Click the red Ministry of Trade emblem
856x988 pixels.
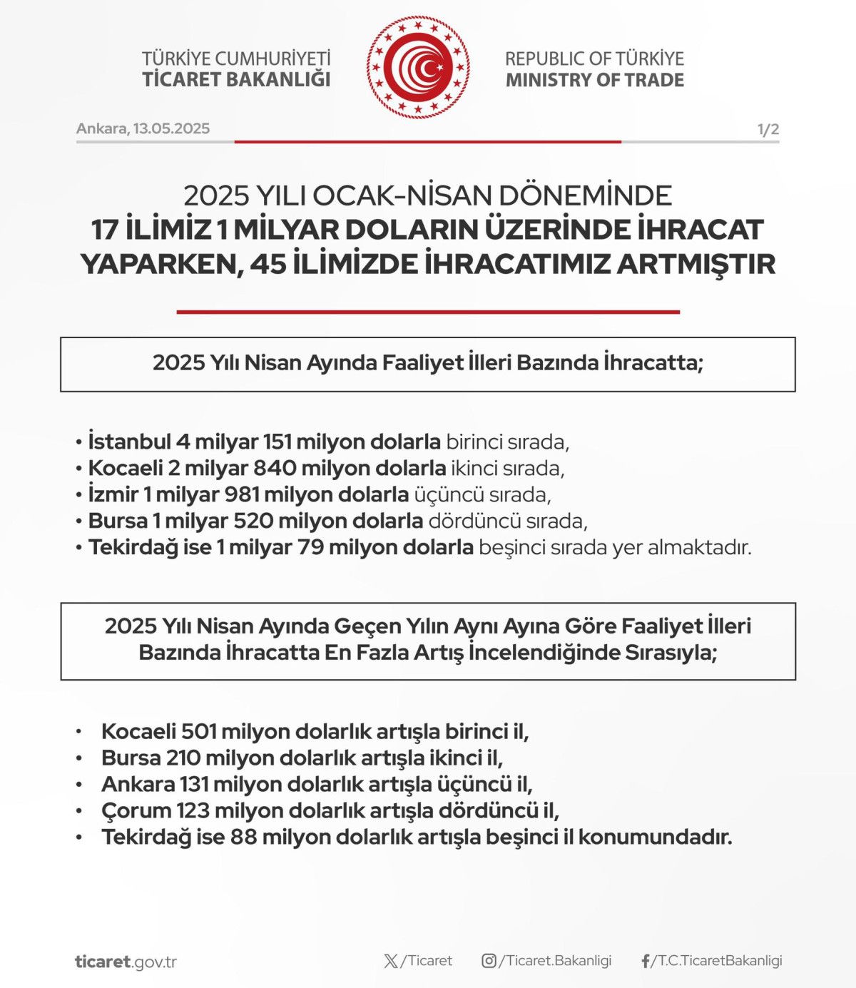(x=419, y=68)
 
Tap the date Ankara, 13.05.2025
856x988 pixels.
(x=143, y=128)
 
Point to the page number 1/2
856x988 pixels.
(x=768, y=129)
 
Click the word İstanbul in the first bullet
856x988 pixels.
(x=129, y=442)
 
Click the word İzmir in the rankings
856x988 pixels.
(x=113, y=494)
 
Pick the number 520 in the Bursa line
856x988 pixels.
(x=253, y=521)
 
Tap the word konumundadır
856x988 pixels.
(x=655, y=837)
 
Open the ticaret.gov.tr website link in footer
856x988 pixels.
(x=126, y=962)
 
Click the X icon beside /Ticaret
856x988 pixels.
(x=391, y=961)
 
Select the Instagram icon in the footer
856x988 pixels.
(x=489, y=961)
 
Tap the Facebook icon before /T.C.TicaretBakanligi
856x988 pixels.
(x=646, y=961)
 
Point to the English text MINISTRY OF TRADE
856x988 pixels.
(x=594, y=80)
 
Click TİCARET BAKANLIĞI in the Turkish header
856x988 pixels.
(x=236, y=79)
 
